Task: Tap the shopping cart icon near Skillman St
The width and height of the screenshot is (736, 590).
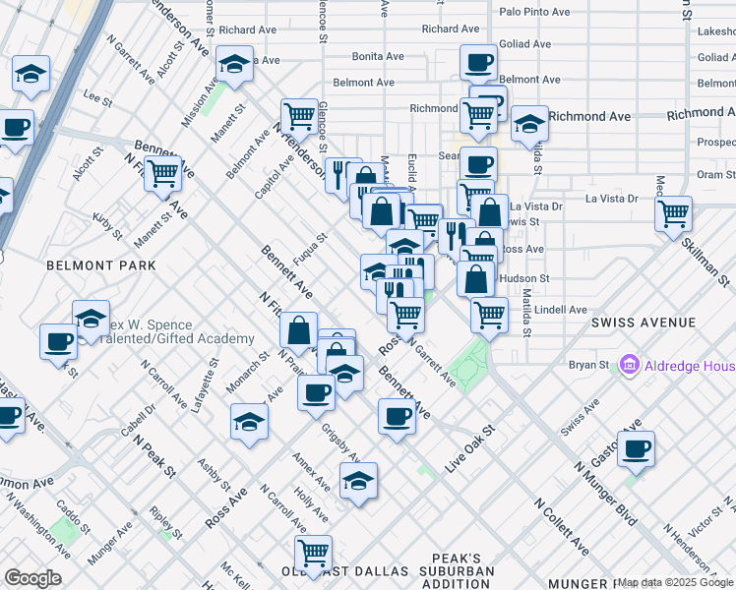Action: (x=673, y=212)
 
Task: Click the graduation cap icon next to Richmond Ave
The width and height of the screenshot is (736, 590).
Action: (x=529, y=123)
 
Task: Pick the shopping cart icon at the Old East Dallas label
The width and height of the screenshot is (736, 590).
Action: (x=313, y=553)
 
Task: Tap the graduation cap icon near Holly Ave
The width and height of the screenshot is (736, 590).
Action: (x=358, y=481)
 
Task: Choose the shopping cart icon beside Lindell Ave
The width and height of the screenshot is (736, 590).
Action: (x=489, y=315)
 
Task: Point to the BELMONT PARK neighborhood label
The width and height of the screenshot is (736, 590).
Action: (x=101, y=265)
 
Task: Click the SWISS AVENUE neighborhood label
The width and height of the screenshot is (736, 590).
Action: (x=644, y=323)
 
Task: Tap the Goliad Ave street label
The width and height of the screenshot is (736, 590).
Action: (x=525, y=44)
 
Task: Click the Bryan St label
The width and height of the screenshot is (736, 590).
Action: (x=588, y=365)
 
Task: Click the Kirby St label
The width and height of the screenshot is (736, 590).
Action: (x=107, y=225)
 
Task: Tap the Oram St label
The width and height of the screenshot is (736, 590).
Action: (x=709, y=174)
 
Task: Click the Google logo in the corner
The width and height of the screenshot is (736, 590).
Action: (x=33, y=578)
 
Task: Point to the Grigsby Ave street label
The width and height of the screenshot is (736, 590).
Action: (x=342, y=442)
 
